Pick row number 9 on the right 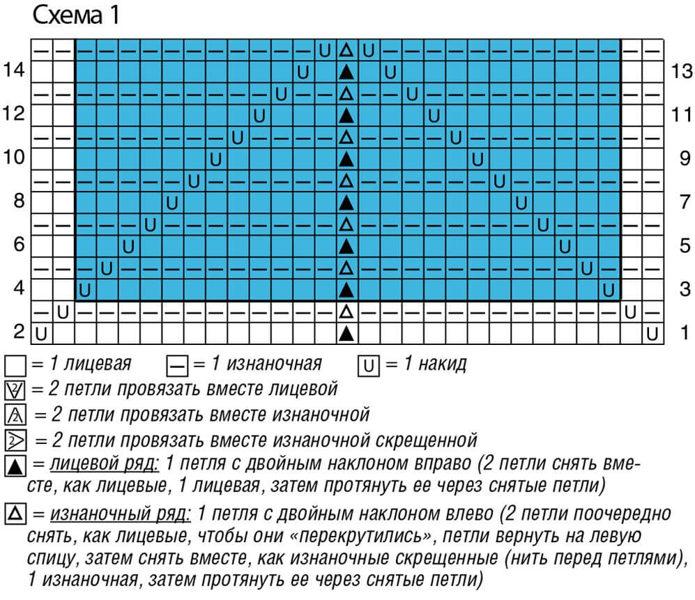tap(683, 157)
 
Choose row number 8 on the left tap(19, 201)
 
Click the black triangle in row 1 tap(346, 333)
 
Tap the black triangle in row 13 tap(346, 71)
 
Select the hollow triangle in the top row tap(346, 50)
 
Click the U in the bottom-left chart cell tap(42, 333)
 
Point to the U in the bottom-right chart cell tap(652, 333)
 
